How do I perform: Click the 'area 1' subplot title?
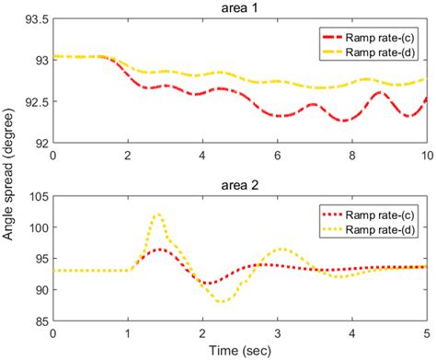coord(240,8)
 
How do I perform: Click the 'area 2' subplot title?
coord(240,183)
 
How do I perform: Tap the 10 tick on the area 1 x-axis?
coord(426,154)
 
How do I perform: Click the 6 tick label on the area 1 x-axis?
coord(277,154)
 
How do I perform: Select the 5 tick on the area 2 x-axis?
coord(426,331)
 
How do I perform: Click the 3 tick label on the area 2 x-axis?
coord(277,331)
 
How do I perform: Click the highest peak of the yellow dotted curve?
coord(157,215)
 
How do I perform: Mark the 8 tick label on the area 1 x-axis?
coord(351,154)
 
